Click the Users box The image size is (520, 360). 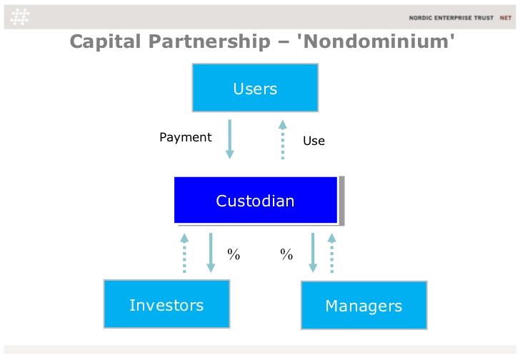pyautogui.click(x=255, y=88)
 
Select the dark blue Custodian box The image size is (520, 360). pyautogui.click(x=256, y=200)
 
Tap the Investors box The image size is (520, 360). pyautogui.click(x=167, y=304)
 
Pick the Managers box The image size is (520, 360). pyautogui.click(x=364, y=305)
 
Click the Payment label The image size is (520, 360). pyautogui.click(x=186, y=137)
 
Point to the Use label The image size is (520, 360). pyautogui.click(x=314, y=141)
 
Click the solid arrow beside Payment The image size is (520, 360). pyautogui.click(x=229, y=139)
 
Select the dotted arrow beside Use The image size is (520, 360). pyautogui.click(x=283, y=139)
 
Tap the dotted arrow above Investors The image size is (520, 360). pyautogui.click(x=184, y=253)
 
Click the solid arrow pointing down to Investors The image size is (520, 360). pyautogui.click(x=211, y=253)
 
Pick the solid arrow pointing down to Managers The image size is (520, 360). pyautogui.click(x=313, y=253)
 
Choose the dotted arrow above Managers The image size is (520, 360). pyautogui.click(x=331, y=253)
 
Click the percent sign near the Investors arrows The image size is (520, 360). pyautogui.click(x=234, y=254)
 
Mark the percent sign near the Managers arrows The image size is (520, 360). pyautogui.click(x=286, y=254)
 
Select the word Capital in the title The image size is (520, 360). pyautogui.click(x=106, y=42)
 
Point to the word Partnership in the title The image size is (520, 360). pyautogui.click(x=209, y=42)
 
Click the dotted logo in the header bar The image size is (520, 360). pyautogui.click(x=20, y=16)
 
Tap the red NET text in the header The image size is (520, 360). pyautogui.click(x=506, y=18)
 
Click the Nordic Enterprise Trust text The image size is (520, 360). pyautogui.click(x=451, y=18)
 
